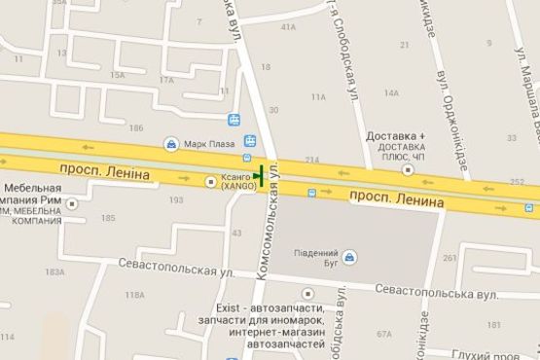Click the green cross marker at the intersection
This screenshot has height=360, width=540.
click(260, 177)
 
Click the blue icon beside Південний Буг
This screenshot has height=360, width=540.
click(350, 256)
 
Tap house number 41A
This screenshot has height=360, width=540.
click(288, 27)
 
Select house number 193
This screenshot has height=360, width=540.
click(176, 199)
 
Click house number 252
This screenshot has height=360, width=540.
click(517, 182)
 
